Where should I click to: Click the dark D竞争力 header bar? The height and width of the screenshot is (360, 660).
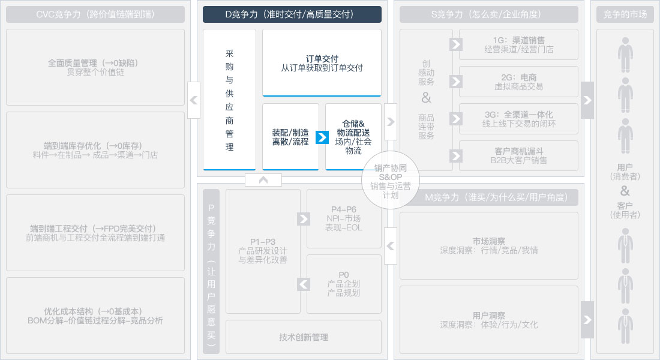coord(292,14)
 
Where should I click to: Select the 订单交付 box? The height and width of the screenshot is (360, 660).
coord(322,63)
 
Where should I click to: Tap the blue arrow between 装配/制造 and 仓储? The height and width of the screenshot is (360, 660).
coord(322,137)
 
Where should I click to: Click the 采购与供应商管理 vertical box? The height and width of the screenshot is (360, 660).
coord(229,100)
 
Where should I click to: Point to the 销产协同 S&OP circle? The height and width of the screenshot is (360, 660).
coord(390,181)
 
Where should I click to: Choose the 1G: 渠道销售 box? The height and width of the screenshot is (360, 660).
coord(518,44)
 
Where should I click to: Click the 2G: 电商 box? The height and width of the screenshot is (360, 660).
coord(518,82)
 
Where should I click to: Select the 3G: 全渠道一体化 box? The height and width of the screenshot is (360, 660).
coord(518,119)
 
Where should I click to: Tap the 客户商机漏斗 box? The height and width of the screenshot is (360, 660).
coord(518,156)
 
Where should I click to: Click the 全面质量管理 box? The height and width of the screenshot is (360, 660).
coord(95,67)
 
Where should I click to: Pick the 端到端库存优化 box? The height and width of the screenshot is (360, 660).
coord(95,150)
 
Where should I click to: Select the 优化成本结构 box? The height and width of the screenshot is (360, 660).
coord(95,316)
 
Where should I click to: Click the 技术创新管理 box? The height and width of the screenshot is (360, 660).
coord(304,337)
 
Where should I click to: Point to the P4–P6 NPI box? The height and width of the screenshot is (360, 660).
coord(344,218)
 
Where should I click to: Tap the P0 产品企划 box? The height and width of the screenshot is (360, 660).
coord(344,284)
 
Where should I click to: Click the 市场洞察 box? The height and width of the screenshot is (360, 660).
coord(488,245)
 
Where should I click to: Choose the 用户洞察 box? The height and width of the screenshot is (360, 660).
coord(488,320)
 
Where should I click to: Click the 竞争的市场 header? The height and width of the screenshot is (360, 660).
coord(625,14)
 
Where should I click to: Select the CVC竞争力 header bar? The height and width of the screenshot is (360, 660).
coord(95,14)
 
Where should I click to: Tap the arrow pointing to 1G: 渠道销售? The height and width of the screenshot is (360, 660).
coord(456,44)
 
